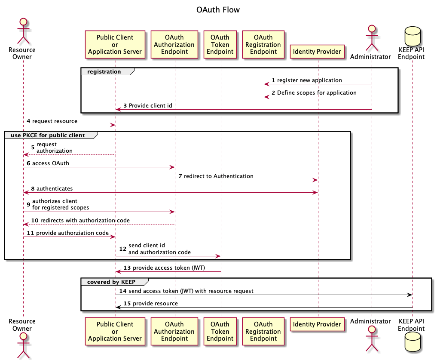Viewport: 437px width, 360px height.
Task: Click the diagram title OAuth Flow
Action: point(218,10)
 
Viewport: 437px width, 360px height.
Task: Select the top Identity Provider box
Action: point(317,52)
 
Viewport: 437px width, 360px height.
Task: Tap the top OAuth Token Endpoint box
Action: point(220,45)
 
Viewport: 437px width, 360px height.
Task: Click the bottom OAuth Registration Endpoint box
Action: point(263,331)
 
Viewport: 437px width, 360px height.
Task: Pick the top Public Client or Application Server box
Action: point(115,45)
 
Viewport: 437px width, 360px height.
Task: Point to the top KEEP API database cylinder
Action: point(413,36)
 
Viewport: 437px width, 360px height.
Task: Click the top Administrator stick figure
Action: point(372,38)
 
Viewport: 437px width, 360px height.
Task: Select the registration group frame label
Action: point(104,72)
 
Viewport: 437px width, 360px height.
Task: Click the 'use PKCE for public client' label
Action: point(48,135)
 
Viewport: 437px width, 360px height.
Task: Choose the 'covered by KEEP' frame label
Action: point(111,282)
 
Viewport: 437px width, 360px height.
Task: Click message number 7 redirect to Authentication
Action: point(216,176)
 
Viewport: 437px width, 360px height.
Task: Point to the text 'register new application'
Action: point(309,80)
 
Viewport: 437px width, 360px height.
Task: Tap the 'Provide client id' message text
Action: point(150,105)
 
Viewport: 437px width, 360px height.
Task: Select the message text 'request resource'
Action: point(55,121)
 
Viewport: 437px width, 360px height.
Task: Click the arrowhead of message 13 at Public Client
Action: point(118,271)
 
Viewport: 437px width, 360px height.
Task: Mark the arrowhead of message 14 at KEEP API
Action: point(410,295)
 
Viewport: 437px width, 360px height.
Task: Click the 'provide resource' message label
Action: point(155,303)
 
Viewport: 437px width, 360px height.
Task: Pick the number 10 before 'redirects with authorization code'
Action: point(35,221)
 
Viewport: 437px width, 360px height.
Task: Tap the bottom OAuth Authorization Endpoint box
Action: point(174,331)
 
